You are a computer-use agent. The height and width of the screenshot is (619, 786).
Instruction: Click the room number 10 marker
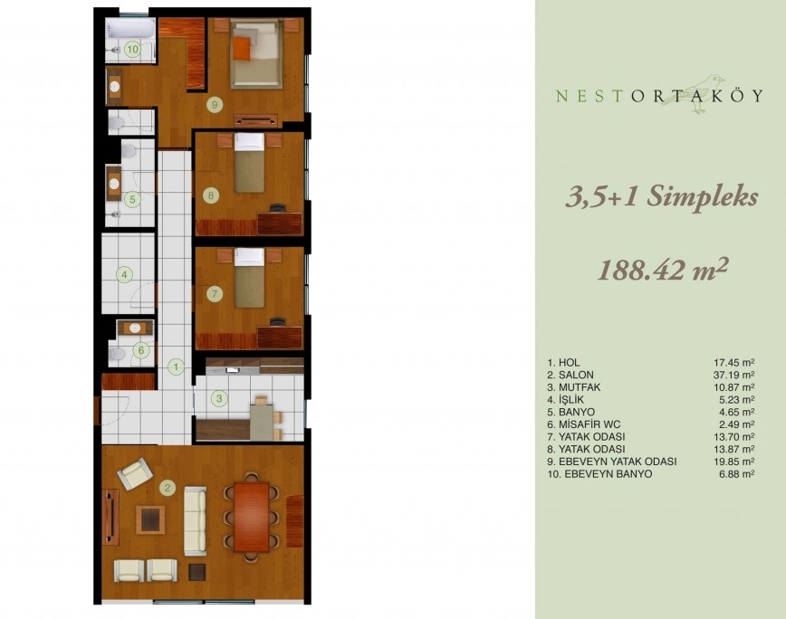click(x=132, y=49)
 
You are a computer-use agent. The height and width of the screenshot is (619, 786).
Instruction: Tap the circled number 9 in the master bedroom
click(x=215, y=105)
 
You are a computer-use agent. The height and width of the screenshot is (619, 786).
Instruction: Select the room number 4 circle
click(x=124, y=274)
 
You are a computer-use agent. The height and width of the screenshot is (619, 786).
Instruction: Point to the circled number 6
click(x=141, y=350)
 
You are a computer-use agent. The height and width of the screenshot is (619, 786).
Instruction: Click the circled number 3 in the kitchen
click(x=219, y=399)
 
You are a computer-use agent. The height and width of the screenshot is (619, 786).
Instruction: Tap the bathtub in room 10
click(x=129, y=29)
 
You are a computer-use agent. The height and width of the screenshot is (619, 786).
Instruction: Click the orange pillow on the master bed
click(x=241, y=48)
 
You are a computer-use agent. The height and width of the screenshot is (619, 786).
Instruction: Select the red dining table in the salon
click(x=251, y=517)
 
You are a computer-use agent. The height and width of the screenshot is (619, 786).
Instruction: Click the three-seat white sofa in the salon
click(x=195, y=521)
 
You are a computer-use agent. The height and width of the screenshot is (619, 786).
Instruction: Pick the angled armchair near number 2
click(x=135, y=473)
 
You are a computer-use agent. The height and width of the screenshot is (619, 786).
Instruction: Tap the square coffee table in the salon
click(x=150, y=519)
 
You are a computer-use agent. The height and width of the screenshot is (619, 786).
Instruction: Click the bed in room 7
click(x=250, y=278)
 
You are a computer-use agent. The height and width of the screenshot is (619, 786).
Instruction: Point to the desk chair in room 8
click(x=276, y=207)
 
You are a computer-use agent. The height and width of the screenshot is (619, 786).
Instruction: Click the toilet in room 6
click(x=118, y=355)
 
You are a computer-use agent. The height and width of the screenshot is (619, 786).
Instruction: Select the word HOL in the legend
click(x=569, y=363)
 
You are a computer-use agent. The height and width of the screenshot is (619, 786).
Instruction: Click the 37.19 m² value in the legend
click(x=734, y=375)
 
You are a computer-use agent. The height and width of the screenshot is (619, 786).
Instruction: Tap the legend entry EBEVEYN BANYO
click(x=609, y=474)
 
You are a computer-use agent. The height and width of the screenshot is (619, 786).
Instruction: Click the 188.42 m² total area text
click(x=662, y=270)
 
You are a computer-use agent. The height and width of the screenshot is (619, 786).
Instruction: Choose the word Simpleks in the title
click(x=702, y=197)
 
